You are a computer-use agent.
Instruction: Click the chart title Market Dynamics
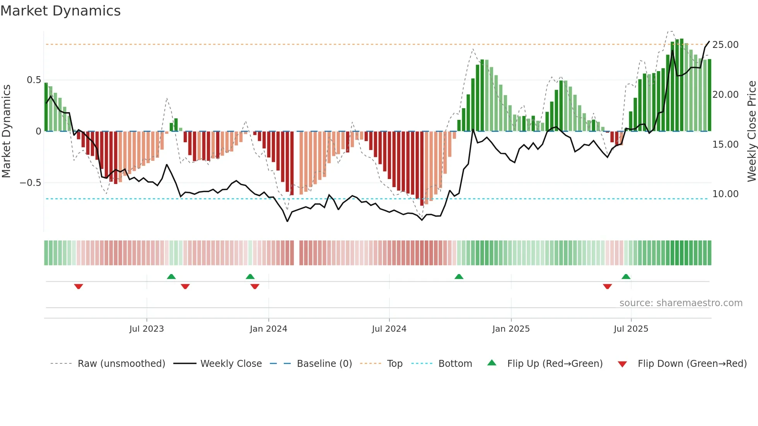pos(60,11)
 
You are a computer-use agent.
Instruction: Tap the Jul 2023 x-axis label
pos(147,329)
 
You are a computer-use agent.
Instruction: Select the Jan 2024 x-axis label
pos(268,329)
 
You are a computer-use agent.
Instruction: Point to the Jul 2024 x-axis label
pos(389,329)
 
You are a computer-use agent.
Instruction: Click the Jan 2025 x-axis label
pos(511,329)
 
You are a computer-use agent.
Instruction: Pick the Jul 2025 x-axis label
pos(631,329)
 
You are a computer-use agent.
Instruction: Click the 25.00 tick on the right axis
pos(726,45)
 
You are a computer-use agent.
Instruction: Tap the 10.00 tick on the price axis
pos(726,194)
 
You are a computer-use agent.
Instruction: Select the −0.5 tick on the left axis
pos(30,183)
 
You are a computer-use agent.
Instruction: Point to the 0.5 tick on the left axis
pos(34,80)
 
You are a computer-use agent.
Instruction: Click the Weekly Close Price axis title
pos(751,131)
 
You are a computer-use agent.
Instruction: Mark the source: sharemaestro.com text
pos(681,303)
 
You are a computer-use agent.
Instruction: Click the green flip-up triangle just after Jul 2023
pos(171,276)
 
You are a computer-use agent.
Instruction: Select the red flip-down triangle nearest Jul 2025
pos(607,286)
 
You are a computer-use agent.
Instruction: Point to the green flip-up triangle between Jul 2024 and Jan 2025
pos(459,276)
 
